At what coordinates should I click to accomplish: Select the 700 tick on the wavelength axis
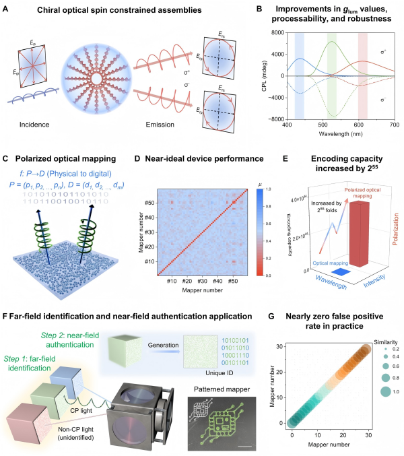pyautogui.click(x=393, y=125)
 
